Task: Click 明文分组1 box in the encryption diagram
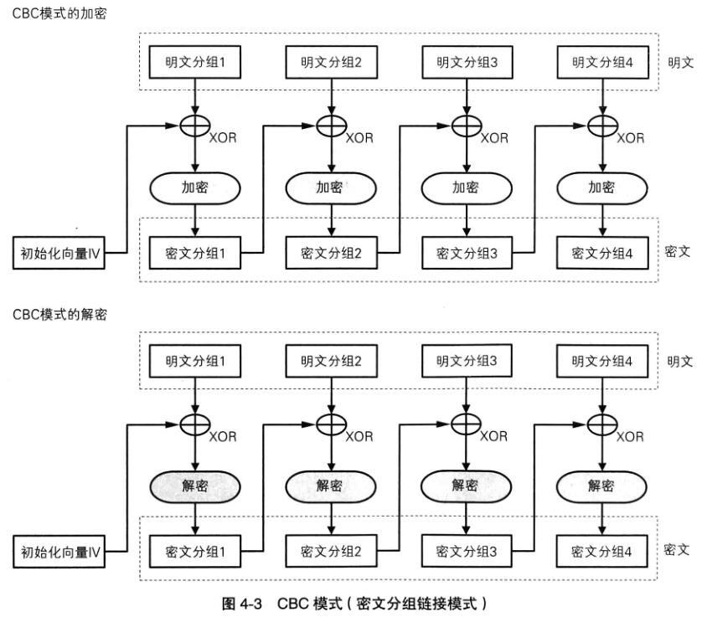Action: (x=194, y=62)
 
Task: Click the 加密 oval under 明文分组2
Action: (x=329, y=188)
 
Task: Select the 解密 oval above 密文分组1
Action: (x=194, y=486)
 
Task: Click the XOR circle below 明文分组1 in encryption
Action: (x=194, y=126)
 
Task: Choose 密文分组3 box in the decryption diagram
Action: (x=466, y=552)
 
